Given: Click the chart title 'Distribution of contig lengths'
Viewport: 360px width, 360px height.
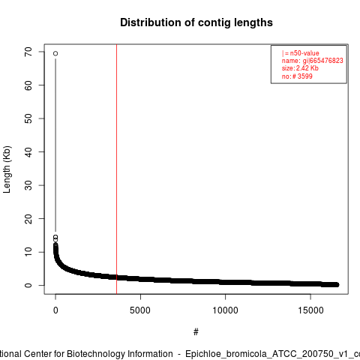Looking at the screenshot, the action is (x=196, y=22).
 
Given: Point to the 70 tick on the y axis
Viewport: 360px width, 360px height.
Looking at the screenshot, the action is (x=28, y=52).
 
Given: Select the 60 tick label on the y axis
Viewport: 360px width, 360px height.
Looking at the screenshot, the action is (x=28, y=85).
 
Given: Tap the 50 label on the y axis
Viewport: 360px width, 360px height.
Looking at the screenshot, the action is (x=28, y=118).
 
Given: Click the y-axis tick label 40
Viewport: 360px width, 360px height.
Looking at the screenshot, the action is (x=28, y=151).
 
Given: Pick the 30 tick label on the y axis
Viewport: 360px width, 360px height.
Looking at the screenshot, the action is (x=28, y=185).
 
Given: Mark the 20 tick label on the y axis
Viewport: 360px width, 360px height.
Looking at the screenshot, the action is (x=28, y=218).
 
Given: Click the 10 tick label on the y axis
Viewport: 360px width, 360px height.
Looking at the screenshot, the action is (x=28, y=252).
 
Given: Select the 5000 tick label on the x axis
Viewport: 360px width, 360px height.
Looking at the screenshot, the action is (x=140, y=310).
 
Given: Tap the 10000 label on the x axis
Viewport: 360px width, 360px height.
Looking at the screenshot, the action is (x=225, y=310).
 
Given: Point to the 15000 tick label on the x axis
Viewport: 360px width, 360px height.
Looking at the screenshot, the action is (x=310, y=310).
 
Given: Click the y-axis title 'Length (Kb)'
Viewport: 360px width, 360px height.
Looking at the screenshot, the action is (x=7, y=169).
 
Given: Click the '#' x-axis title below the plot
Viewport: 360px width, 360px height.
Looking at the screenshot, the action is (x=196, y=332).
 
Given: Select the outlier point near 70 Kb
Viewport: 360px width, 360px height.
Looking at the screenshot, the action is (x=55, y=53).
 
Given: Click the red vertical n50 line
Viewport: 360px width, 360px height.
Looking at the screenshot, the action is (x=116, y=169).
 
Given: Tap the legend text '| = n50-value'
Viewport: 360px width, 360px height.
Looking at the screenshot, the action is (x=300, y=53).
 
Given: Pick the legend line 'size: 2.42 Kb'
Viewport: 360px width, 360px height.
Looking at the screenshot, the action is (x=300, y=68).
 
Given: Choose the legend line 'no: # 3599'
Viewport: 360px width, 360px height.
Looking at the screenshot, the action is (x=297, y=76).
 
